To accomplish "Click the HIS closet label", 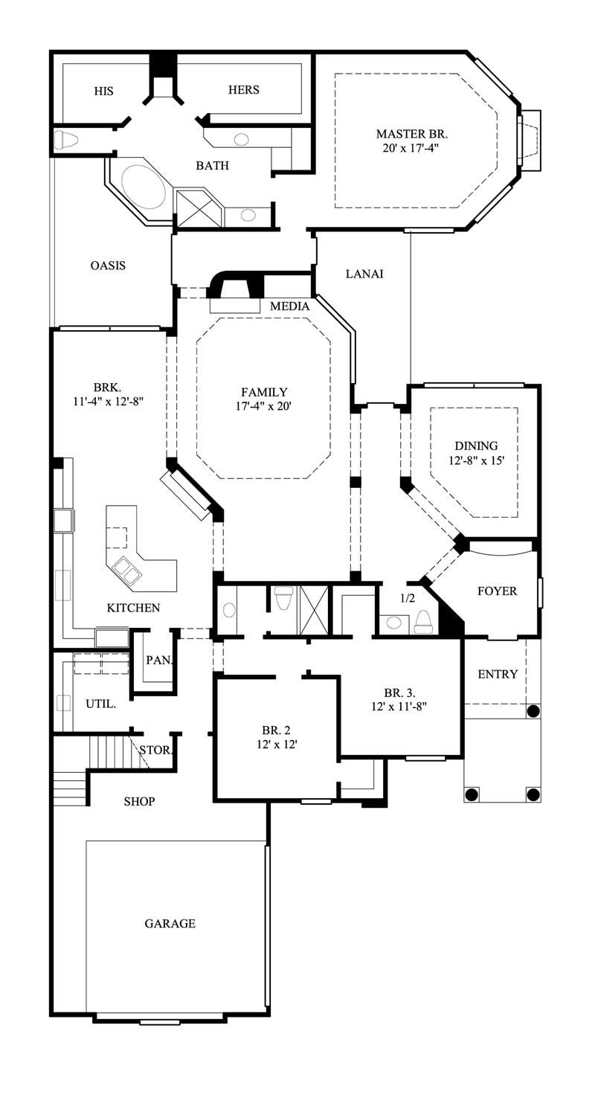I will (104, 91).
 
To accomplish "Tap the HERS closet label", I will (243, 90).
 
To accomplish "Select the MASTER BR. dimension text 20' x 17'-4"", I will (412, 149).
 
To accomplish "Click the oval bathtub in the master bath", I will (143, 186).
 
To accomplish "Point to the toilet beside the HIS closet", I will (67, 139).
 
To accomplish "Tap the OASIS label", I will (108, 266).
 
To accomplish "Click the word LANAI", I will (364, 274).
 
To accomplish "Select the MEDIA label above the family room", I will (289, 306).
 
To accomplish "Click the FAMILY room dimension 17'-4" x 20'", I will (264, 406).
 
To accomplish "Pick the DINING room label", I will (476, 446).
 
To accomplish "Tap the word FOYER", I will (497, 591).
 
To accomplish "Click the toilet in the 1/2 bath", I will (423, 622).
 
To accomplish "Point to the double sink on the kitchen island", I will (124, 570).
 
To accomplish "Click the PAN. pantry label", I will (158, 660).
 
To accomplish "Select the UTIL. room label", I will (100, 704).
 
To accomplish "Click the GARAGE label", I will (170, 923).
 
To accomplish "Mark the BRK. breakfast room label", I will (107, 388).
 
